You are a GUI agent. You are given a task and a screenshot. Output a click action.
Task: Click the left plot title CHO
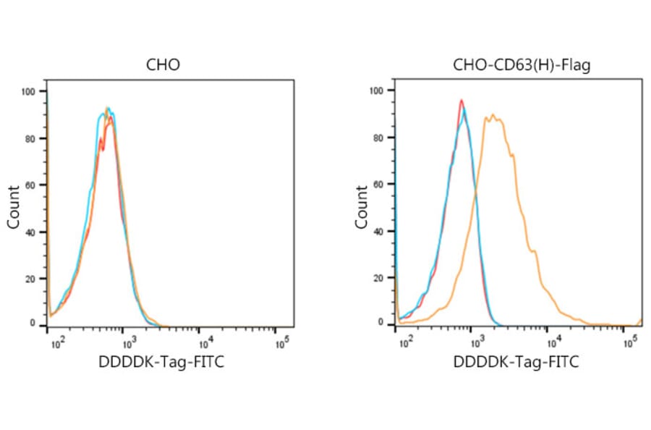[x=163, y=65]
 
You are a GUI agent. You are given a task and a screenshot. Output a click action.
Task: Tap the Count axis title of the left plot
[x=14, y=207]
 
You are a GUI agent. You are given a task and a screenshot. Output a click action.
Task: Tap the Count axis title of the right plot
[x=362, y=207]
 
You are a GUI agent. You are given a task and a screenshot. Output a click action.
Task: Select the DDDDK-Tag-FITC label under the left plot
[x=161, y=362]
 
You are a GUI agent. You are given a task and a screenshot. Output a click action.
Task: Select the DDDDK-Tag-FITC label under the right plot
[x=516, y=362]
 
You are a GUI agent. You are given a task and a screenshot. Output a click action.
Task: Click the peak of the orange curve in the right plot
[x=493, y=114]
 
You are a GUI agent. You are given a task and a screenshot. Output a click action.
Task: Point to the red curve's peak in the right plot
[x=461, y=101]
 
